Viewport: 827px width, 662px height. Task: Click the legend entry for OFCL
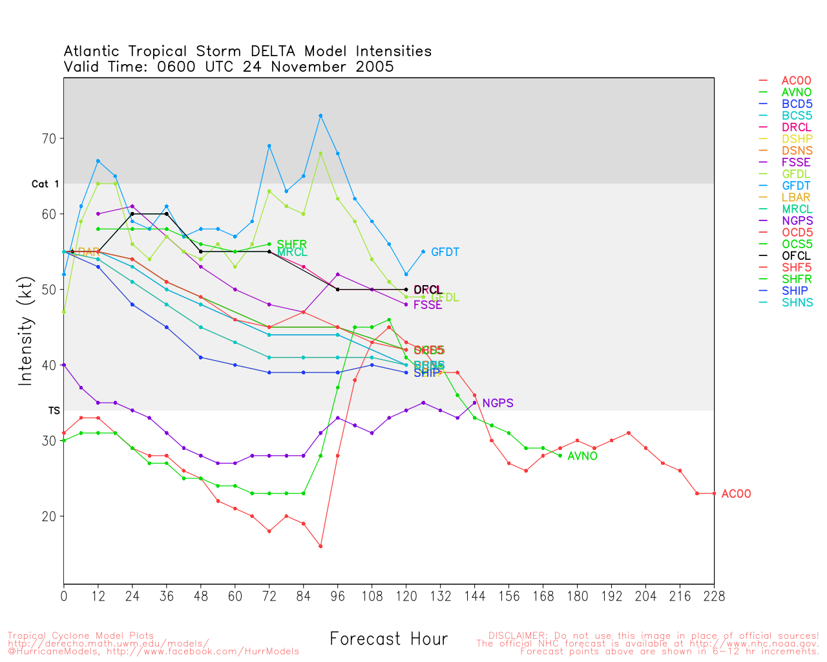795,256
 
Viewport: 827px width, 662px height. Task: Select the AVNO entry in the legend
795,92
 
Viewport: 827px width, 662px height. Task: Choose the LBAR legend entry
795,198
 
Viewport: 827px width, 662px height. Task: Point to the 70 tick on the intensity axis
50,138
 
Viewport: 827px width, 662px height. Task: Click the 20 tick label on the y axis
50,517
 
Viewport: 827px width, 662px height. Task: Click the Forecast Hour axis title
388,639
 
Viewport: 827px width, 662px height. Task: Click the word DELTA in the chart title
276,52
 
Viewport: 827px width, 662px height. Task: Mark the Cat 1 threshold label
45,184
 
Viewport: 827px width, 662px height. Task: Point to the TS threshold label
54,411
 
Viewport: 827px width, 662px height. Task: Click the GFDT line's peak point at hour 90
320,116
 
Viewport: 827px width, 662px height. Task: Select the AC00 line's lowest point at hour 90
320,546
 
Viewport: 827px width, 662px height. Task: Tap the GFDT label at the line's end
445,252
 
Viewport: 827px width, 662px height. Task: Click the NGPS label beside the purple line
497,403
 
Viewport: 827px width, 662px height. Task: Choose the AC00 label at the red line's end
736,495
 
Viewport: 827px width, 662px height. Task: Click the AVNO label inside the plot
582,456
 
